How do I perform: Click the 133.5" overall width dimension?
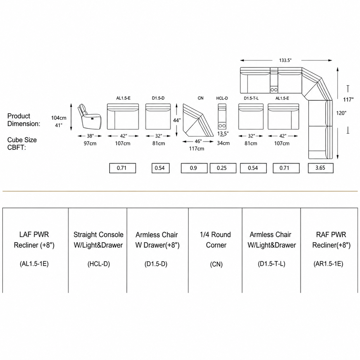(x=285, y=60)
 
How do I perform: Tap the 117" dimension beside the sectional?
(x=348, y=100)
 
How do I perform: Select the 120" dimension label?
(x=341, y=113)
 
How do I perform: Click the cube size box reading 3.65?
(x=320, y=168)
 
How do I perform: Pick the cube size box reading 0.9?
(x=194, y=168)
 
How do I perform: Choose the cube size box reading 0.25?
(x=223, y=168)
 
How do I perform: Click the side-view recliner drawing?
(x=90, y=116)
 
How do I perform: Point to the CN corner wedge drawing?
(x=198, y=121)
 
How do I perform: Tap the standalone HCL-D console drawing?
(x=222, y=117)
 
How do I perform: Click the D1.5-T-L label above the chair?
(x=251, y=98)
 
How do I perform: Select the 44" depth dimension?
(x=177, y=121)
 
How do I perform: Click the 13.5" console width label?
(x=223, y=133)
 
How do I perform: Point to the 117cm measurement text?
(x=197, y=149)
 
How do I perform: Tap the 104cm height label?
(x=59, y=118)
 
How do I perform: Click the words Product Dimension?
(x=24, y=120)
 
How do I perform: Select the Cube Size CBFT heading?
(x=22, y=144)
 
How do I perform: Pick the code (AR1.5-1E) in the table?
(x=328, y=264)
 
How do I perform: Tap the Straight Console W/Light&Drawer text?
(x=98, y=240)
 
